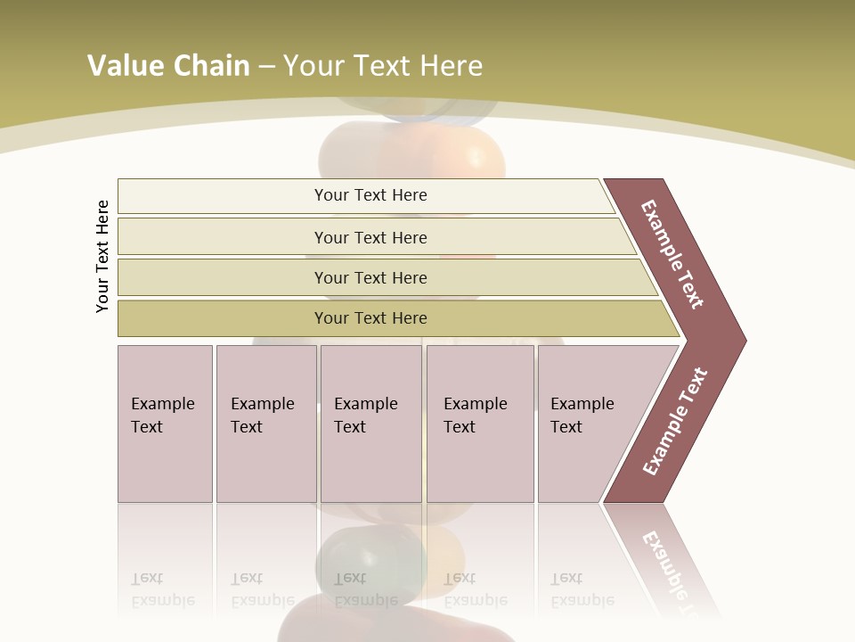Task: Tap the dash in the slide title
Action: click(266, 67)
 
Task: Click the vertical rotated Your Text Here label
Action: click(102, 256)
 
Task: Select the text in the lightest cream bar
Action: click(370, 195)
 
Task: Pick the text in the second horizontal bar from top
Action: click(370, 237)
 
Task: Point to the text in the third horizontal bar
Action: click(370, 277)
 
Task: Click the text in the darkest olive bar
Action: click(370, 318)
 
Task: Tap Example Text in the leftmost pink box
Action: click(162, 416)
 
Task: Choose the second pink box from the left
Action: click(265, 424)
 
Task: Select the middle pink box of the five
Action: click(370, 424)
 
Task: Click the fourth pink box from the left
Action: click(480, 424)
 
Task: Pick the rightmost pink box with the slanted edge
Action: click(588, 424)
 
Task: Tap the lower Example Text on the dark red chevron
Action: click(675, 422)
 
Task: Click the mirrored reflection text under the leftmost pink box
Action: click(162, 589)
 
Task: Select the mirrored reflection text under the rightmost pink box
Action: click(582, 589)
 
